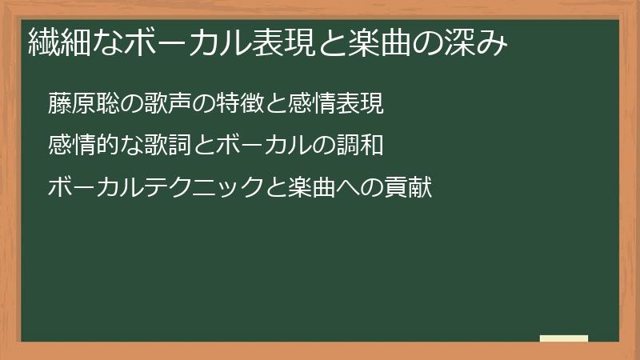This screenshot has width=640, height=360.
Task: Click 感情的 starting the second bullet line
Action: point(79,146)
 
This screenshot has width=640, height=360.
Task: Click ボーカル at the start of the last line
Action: point(90,189)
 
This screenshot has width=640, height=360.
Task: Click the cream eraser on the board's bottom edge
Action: point(564,338)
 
